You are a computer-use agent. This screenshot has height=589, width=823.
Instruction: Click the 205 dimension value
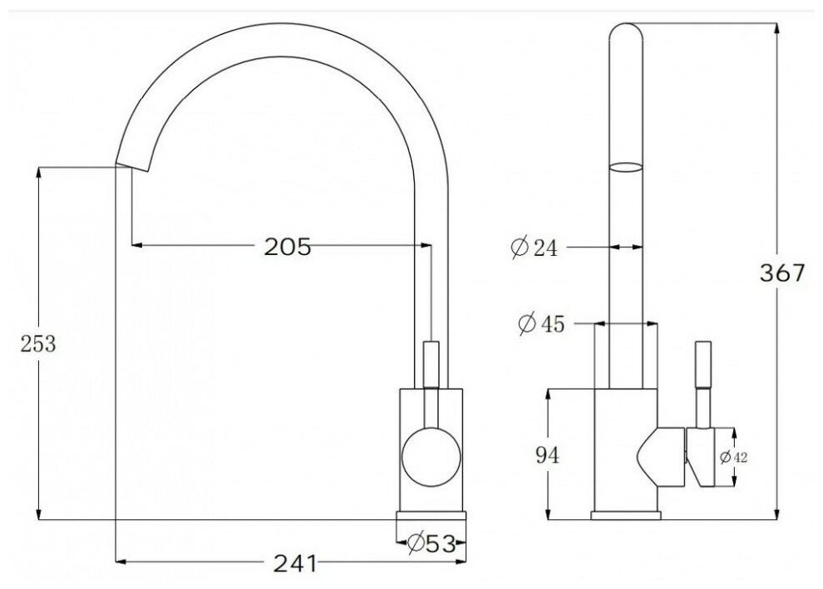click(x=287, y=247)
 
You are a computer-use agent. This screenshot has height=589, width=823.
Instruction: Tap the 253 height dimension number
click(x=37, y=344)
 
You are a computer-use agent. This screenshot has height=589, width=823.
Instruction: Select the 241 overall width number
click(x=295, y=564)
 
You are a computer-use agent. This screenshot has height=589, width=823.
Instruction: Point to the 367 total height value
click(x=782, y=272)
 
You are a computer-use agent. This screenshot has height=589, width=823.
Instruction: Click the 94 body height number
click(x=548, y=455)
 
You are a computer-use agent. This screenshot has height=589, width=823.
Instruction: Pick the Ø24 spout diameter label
click(x=534, y=247)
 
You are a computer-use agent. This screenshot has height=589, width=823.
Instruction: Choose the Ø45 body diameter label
click(x=541, y=324)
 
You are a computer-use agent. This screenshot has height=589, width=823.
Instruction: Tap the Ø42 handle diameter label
click(x=733, y=458)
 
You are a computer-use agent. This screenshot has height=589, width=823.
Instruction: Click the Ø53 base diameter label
click(x=431, y=543)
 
